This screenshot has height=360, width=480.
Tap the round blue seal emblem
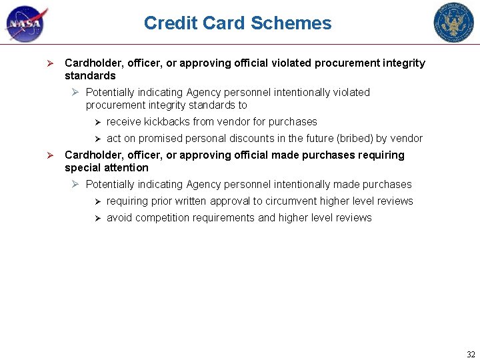tap(453, 23)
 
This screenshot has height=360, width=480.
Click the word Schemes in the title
tap(293, 23)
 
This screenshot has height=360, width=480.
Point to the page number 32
tap(471, 354)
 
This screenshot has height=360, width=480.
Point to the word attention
tap(123, 168)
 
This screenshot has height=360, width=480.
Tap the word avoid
tap(119, 218)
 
